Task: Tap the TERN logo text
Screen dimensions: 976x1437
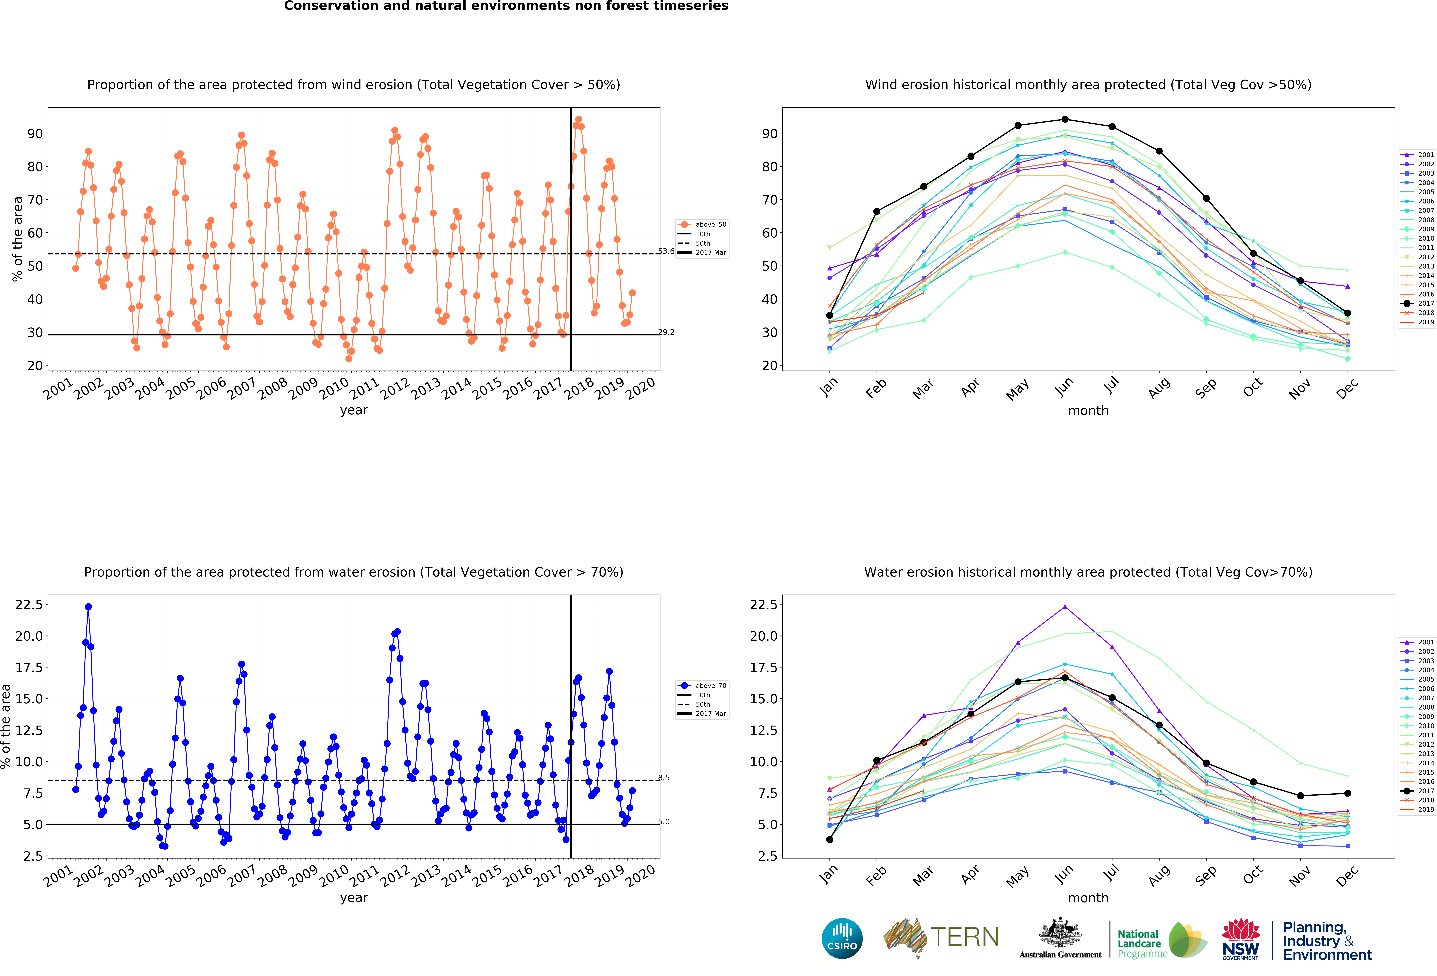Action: click(965, 937)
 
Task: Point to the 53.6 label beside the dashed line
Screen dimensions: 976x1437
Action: click(666, 252)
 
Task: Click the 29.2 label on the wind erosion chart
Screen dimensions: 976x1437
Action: click(666, 333)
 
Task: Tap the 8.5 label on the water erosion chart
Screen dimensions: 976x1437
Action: click(663, 778)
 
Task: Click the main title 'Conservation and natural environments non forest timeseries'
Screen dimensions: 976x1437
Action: click(506, 6)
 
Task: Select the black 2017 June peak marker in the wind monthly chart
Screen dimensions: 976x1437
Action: click(1065, 119)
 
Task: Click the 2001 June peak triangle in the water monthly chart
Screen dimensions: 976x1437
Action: click(1065, 607)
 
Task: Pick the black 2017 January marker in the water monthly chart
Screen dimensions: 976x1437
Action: click(830, 839)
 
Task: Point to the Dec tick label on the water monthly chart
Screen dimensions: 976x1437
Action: click(1347, 875)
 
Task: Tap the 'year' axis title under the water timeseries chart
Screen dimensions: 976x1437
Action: click(354, 897)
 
